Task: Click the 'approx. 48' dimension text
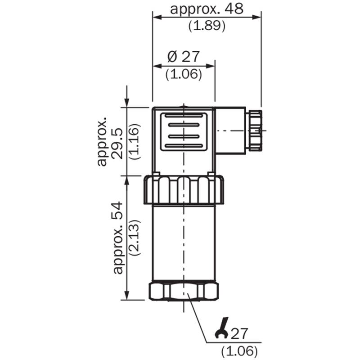(x=207, y=9)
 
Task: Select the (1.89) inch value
(x=207, y=26)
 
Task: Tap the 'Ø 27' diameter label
(x=184, y=57)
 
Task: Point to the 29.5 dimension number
(x=117, y=144)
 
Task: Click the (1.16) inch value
(x=135, y=142)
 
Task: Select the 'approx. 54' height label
(x=118, y=238)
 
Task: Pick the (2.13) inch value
(x=135, y=238)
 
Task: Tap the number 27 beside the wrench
(x=239, y=333)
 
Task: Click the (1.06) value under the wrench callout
(x=239, y=351)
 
